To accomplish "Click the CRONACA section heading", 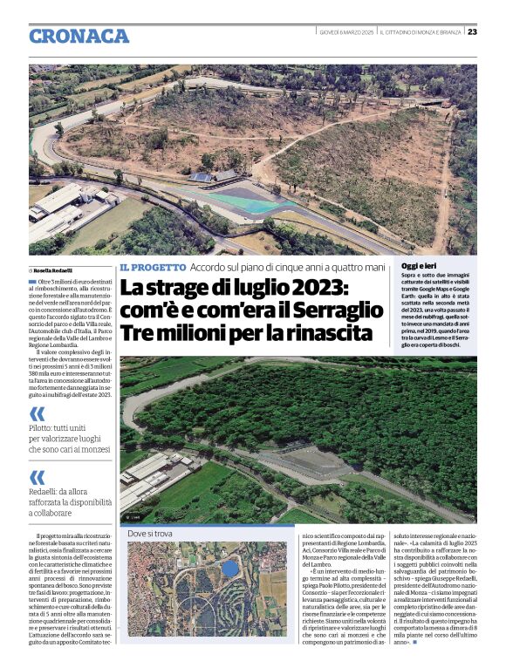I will (79, 36).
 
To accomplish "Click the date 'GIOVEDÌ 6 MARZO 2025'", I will (346, 32).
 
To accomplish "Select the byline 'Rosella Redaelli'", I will (53, 270).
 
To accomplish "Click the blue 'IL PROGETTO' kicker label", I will (153, 267).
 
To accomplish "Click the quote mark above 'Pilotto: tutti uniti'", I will (37, 414).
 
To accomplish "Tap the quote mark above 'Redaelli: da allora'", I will (37, 477).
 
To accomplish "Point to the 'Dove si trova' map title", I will (150, 533).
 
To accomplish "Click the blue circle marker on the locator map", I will (229, 569).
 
